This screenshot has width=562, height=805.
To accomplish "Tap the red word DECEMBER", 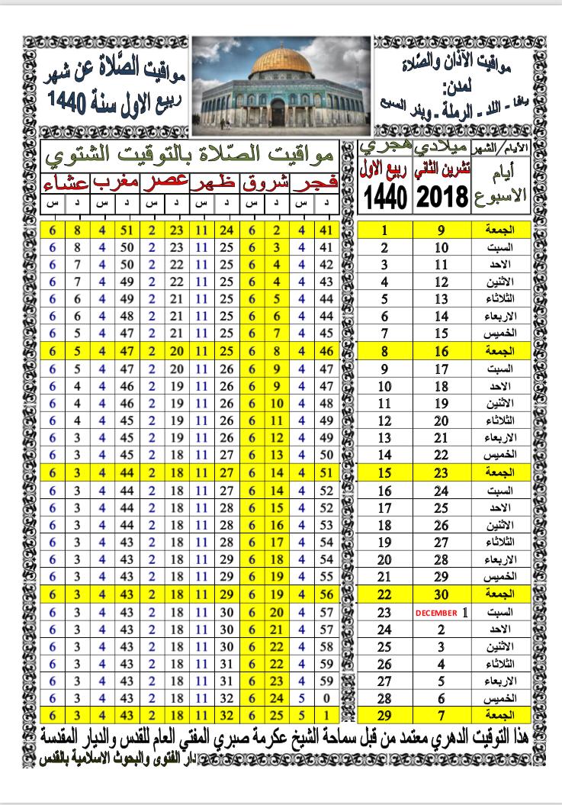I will coord(437,613).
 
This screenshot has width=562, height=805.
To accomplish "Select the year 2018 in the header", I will coord(442,200).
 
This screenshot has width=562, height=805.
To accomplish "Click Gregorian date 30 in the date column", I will coord(442,593).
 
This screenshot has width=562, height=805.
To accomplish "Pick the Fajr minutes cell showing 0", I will coord(326,697).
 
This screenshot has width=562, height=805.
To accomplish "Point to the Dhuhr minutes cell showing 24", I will coord(226,229).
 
